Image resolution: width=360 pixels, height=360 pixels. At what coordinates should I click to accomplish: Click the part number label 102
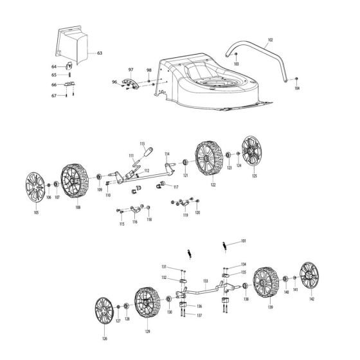pyautogui.click(x=269, y=40)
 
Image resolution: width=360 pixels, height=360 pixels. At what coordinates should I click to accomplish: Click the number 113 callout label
pyautogui.click(x=142, y=143)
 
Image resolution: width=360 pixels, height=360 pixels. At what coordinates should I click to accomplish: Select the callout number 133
pyautogui.click(x=204, y=280)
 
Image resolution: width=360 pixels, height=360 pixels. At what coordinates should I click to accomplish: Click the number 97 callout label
pyautogui.click(x=130, y=69)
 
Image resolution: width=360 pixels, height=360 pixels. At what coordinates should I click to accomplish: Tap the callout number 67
pyautogui.click(x=54, y=95)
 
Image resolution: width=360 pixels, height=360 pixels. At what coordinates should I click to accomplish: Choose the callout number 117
pyautogui.click(x=175, y=188)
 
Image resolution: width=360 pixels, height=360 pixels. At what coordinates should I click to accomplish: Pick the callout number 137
pyautogui.click(x=199, y=316)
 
